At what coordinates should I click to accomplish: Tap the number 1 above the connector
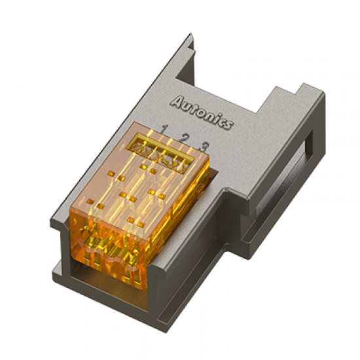[x=164, y=128]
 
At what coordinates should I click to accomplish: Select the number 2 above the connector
[x=185, y=138]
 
